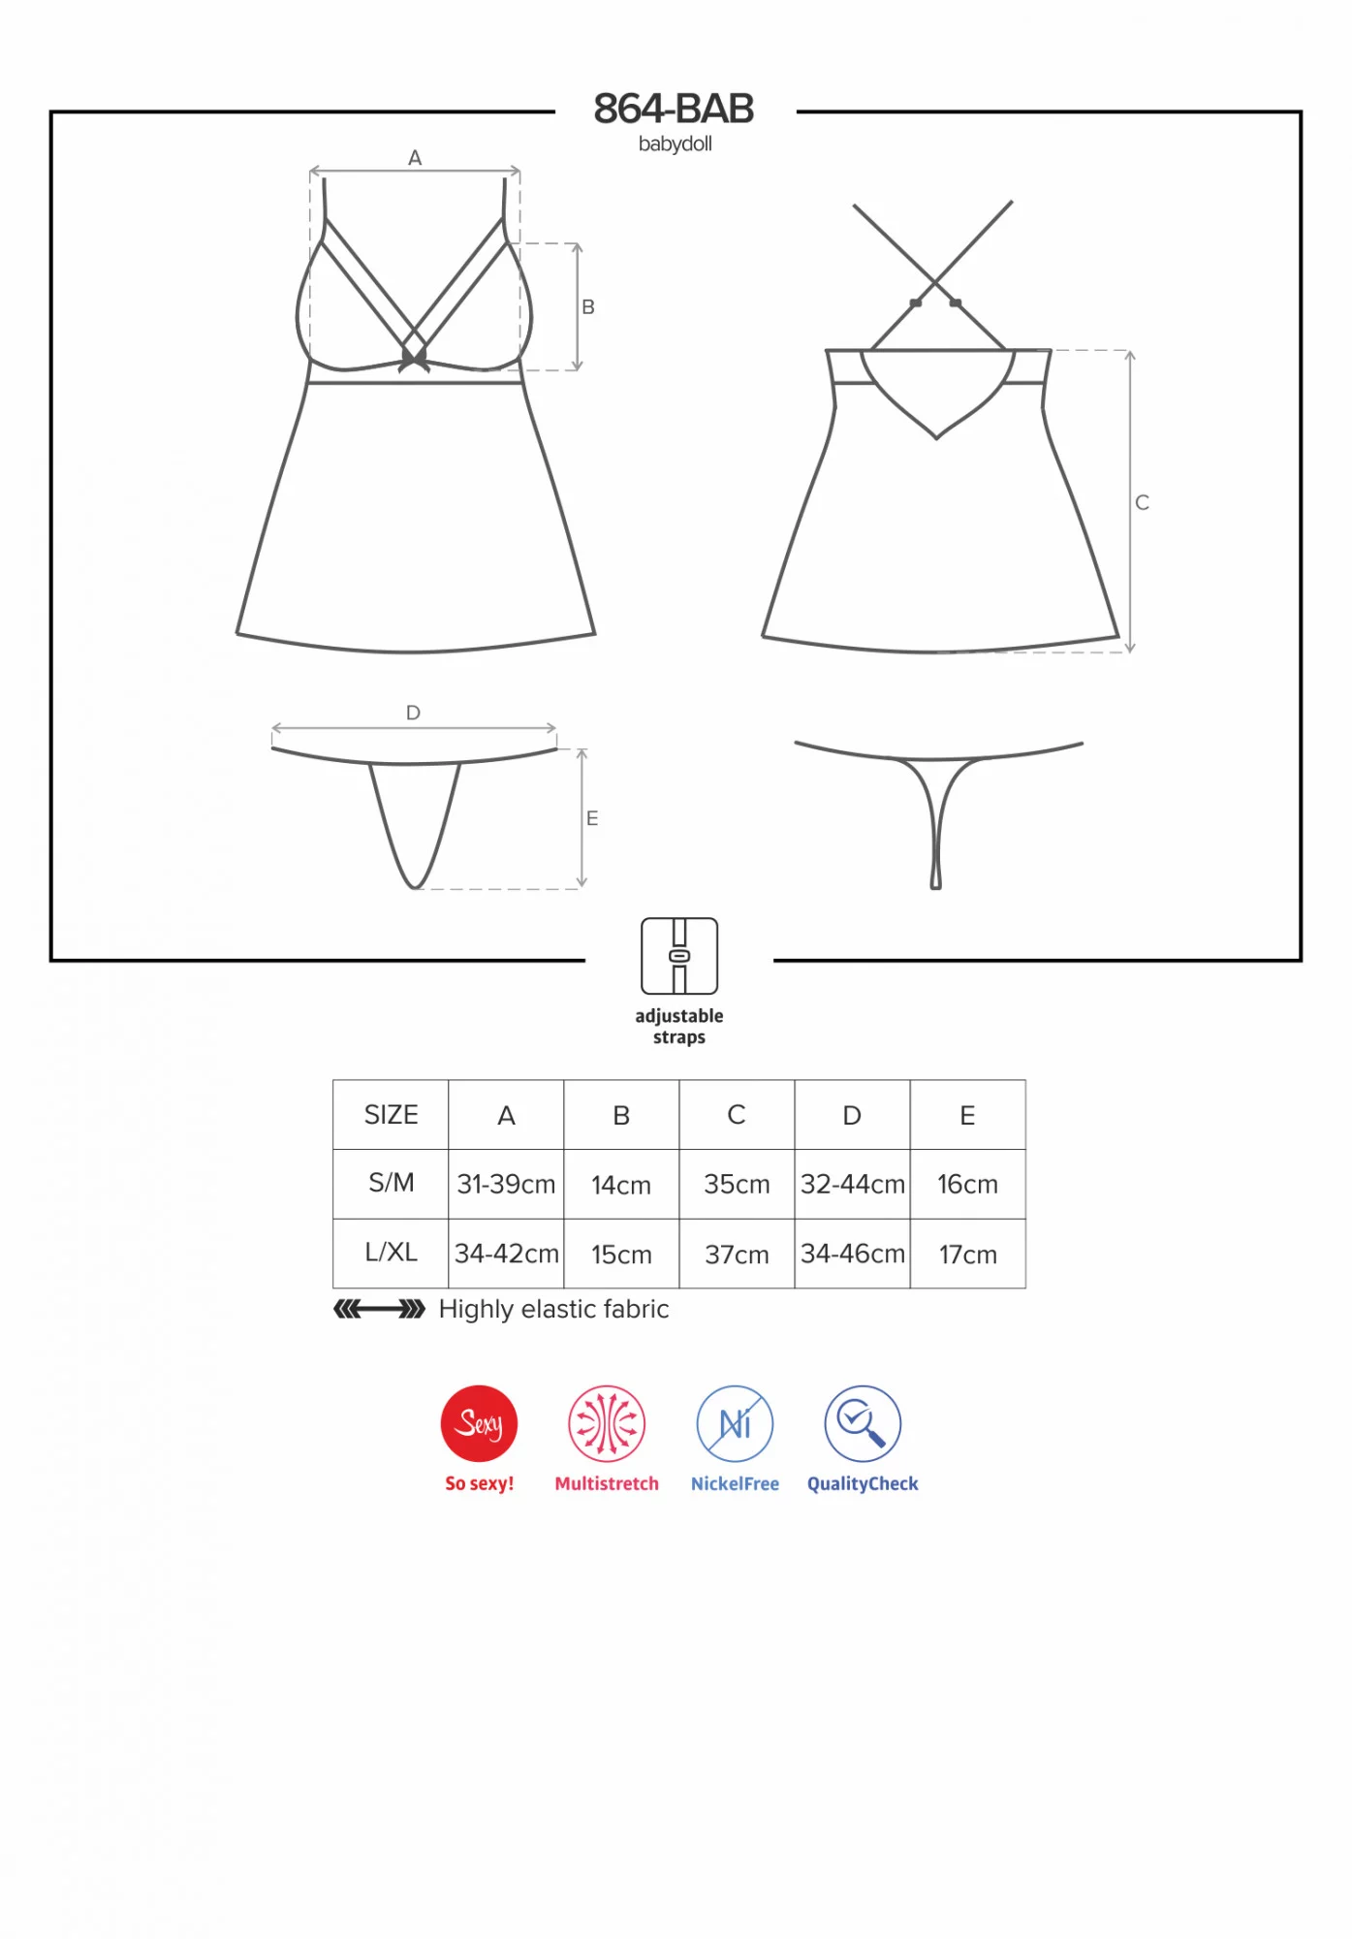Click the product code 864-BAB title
(674, 109)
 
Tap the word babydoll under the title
(676, 143)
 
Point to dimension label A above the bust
(415, 157)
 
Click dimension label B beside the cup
(588, 306)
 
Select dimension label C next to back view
(1143, 502)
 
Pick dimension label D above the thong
(413, 713)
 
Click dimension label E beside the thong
(592, 818)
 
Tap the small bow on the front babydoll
(414, 360)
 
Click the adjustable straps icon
(679, 956)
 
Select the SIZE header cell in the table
(391, 1115)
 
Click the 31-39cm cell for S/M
(506, 1184)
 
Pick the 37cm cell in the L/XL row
(737, 1254)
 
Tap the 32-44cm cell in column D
(853, 1184)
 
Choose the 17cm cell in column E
(968, 1254)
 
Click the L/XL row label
(391, 1252)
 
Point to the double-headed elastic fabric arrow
(379, 1310)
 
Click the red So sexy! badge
(479, 1423)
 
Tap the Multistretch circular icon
(607, 1423)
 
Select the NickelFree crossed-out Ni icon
(735, 1423)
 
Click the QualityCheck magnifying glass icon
(863, 1423)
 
